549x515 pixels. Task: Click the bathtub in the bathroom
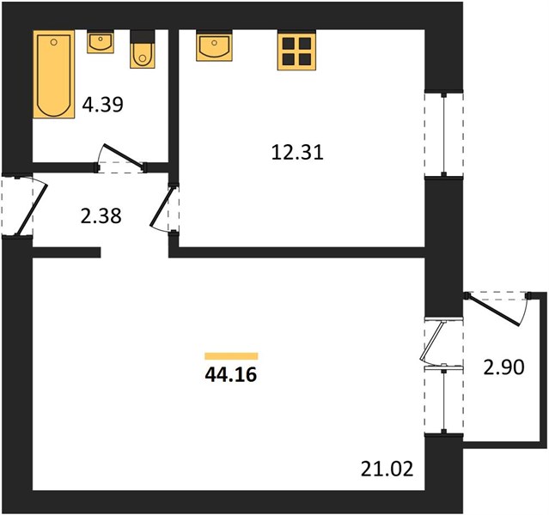(54, 74)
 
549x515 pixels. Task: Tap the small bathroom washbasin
(101, 42)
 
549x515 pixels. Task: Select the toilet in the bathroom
(143, 49)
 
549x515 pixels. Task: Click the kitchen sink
(214, 45)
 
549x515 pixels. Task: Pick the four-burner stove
(297, 51)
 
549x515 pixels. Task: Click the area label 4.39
(102, 104)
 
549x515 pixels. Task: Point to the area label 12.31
(297, 153)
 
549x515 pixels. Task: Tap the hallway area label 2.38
(101, 215)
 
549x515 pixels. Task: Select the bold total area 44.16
(231, 375)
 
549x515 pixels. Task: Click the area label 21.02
(387, 470)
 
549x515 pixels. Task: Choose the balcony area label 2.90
(503, 367)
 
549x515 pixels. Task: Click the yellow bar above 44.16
(231, 356)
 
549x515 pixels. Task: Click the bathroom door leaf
(124, 157)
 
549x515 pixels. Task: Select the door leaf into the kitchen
(162, 208)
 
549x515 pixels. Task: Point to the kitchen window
(444, 135)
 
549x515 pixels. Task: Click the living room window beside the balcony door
(444, 401)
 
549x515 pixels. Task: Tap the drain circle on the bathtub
(53, 42)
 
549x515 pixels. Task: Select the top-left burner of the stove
(289, 44)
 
